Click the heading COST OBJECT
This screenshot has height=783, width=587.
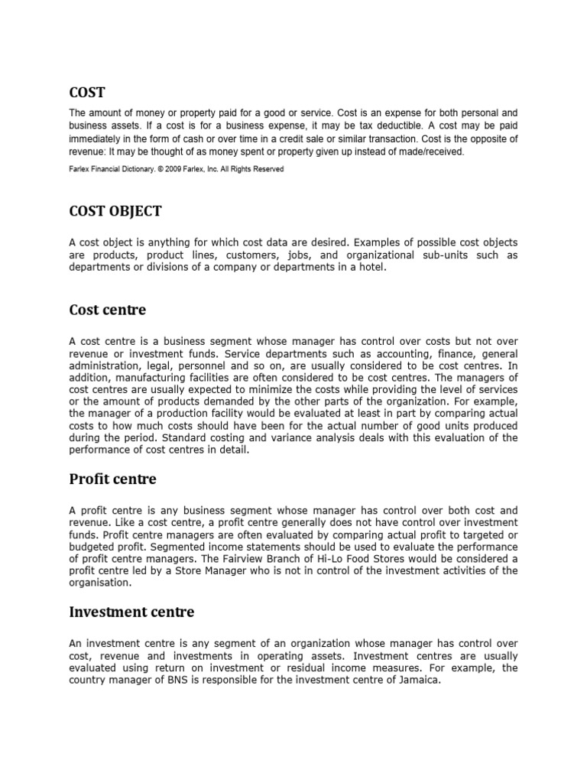(x=115, y=210)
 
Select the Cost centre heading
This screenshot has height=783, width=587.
(x=107, y=310)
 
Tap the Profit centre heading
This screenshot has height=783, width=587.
(x=112, y=479)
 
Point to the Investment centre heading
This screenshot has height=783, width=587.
(x=131, y=612)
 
